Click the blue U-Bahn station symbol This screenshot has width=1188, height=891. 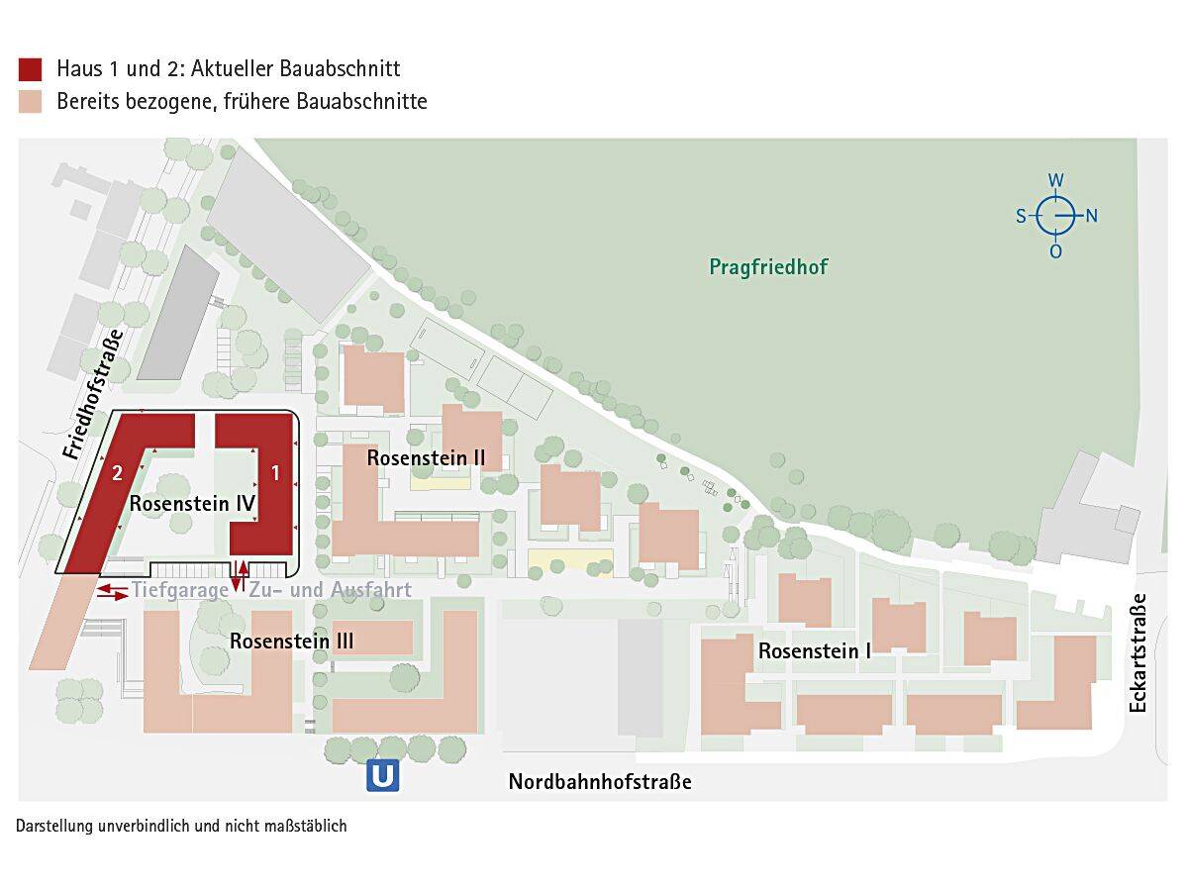(x=383, y=775)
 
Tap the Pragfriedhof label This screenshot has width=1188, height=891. (x=768, y=266)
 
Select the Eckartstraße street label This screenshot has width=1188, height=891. (x=1138, y=652)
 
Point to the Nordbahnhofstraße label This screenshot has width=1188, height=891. (x=600, y=782)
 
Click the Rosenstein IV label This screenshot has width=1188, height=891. (x=193, y=503)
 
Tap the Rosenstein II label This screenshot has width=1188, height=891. (x=426, y=457)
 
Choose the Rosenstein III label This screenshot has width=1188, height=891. (x=292, y=641)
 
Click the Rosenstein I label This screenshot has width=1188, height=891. (x=815, y=650)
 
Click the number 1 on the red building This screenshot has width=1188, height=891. (x=276, y=473)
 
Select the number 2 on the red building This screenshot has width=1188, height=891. (x=117, y=472)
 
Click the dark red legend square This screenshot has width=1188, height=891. (x=30, y=68)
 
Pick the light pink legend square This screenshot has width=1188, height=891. (x=30, y=101)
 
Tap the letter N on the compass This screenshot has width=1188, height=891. (x=1092, y=216)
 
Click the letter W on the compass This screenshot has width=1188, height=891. (x=1056, y=180)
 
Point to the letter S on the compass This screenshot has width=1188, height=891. (x=1021, y=216)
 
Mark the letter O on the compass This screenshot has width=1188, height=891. (x=1056, y=251)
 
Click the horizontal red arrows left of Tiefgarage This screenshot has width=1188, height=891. (x=112, y=591)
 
